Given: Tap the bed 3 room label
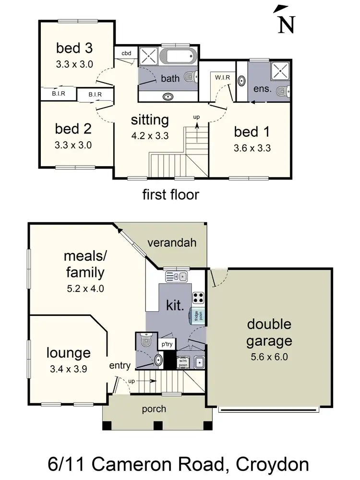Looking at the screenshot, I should coord(74,48).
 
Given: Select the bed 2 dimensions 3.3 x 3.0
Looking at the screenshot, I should coord(74,144).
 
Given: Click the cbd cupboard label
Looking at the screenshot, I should coord(126,53).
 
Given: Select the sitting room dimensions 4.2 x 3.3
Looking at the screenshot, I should coord(150,135).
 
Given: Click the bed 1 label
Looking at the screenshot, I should coord(252,132).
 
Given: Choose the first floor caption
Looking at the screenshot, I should coord(170,194).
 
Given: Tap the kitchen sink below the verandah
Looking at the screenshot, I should coord(176,276).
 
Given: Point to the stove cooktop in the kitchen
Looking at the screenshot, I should coord(198,297).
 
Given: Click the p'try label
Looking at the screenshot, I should coord(167,344).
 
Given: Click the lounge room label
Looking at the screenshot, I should coord(68,353).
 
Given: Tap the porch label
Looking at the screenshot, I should coord(154,409).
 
